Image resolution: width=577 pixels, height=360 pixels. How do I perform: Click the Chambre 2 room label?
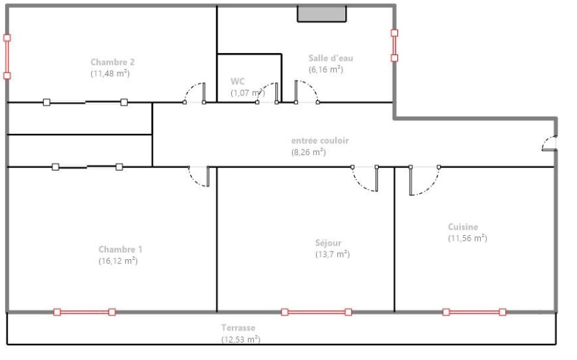112,63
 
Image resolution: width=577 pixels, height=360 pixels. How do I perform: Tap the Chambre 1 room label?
120,249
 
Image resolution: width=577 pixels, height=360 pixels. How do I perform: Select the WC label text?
237,81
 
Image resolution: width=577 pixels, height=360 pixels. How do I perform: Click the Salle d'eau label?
330,58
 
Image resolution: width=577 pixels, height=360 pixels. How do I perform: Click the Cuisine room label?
463,227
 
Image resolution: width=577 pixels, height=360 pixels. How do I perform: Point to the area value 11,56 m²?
467,238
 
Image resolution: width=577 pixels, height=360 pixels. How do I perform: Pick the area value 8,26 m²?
308,153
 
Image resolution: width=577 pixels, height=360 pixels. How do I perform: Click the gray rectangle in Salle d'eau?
321,14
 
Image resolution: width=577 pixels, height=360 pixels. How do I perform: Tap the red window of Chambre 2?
7,56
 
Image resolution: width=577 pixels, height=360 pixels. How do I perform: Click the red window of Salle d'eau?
394,45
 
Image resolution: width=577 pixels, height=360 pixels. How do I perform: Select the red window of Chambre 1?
84,312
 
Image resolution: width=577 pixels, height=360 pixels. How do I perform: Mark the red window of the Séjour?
316,312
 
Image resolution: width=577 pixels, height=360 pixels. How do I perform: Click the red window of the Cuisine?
474,312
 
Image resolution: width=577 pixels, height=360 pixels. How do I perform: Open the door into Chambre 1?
199,176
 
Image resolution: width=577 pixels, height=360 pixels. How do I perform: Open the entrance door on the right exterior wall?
549,143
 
